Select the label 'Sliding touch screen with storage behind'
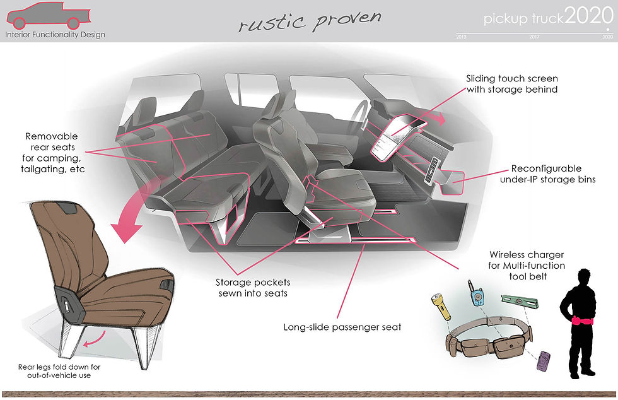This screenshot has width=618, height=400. pyautogui.click(x=512, y=84)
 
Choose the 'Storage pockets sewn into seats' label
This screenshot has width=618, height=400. pyautogui.click(x=253, y=288)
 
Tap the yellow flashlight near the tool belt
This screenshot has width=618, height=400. pyautogui.click(x=440, y=306)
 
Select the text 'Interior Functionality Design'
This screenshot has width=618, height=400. pyautogui.click(x=55, y=35)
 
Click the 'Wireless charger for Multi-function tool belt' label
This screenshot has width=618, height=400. pyautogui.click(x=527, y=266)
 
